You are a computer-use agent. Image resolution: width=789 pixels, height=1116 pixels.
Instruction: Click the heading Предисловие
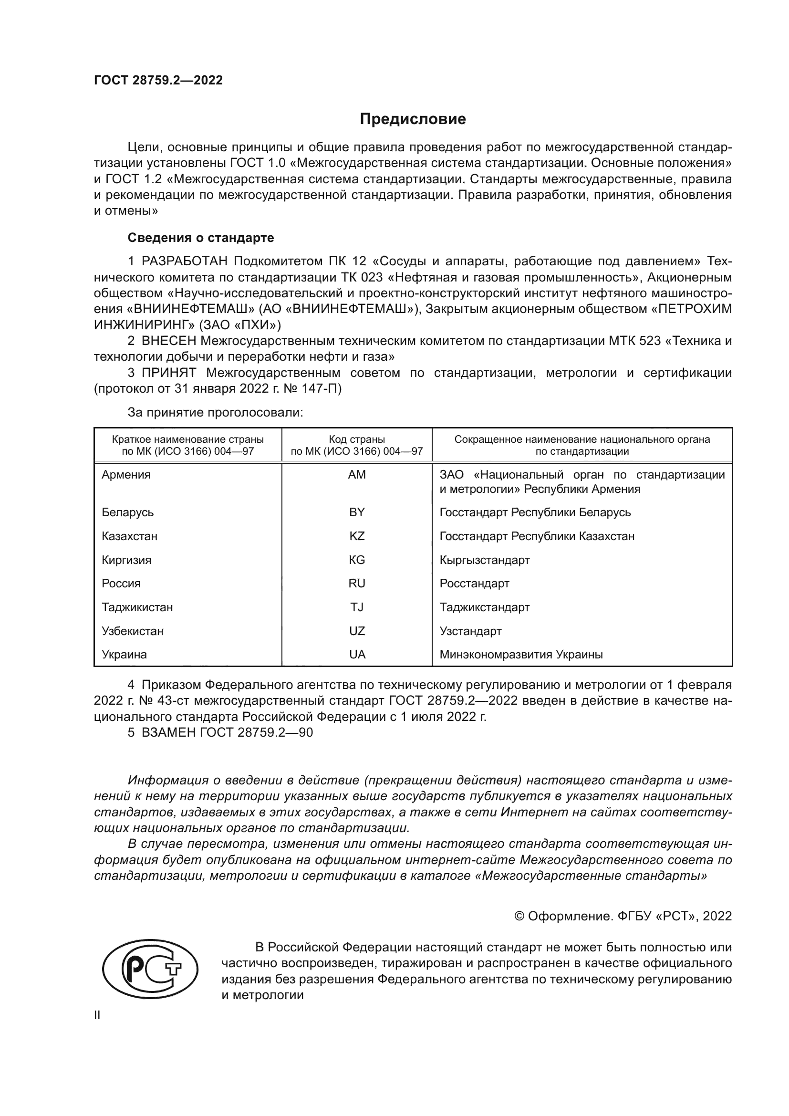point(413,119)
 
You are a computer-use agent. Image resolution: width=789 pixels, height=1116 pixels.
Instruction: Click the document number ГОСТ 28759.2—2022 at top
point(158,81)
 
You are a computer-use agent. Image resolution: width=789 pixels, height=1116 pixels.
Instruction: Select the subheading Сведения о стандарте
point(201,238)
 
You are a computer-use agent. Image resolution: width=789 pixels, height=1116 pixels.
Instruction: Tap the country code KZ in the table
point(357,536)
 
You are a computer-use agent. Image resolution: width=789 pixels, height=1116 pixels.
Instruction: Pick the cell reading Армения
point(126,475)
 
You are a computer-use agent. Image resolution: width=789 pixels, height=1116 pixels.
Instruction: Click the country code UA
point(357,654)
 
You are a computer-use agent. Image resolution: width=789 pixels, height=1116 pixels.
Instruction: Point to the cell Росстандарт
point(474,583)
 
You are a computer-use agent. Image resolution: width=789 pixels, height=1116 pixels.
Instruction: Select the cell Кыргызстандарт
point(484,560)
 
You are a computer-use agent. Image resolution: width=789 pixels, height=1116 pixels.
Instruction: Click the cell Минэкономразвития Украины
point(521,654)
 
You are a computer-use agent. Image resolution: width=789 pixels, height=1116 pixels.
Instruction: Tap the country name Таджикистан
point(137,607)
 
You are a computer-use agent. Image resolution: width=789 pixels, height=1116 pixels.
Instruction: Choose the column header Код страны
point(357,439)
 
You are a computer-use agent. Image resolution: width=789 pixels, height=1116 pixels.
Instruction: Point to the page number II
point(97,1015)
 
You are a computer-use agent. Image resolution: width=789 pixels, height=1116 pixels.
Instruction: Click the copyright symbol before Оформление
point(519,916)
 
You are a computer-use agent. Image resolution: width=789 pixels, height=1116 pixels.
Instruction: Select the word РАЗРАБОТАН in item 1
point(184,261)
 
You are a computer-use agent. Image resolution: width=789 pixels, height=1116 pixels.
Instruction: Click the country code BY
point(357,512)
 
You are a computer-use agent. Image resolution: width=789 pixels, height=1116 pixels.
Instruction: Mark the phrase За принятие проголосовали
point(215,413)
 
